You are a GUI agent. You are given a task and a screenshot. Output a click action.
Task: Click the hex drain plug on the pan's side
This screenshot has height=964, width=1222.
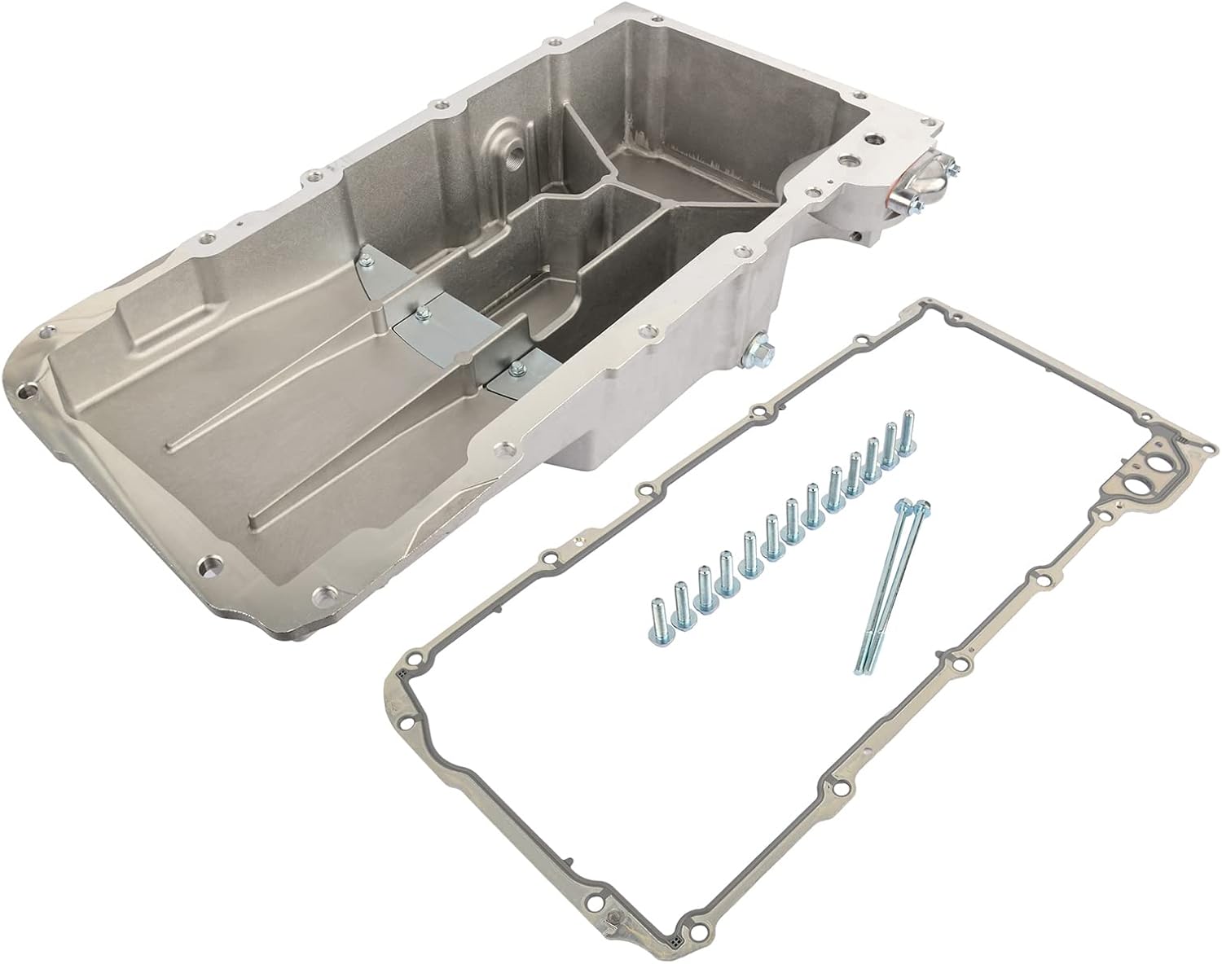[x=759, y=351]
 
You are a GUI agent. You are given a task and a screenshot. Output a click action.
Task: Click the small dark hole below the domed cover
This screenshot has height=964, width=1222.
[x=858, y=238]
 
